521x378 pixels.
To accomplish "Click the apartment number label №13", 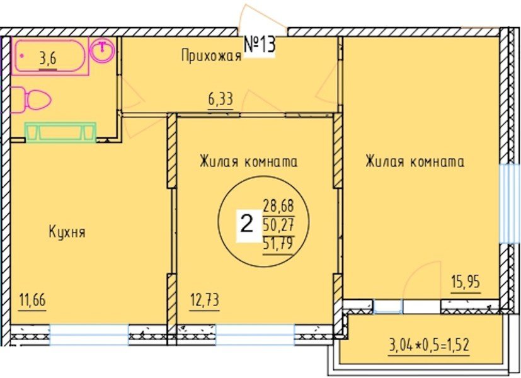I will coord(259,46).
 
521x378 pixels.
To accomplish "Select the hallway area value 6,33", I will coord(220,99).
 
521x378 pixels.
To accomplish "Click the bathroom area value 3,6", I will coord(47,60).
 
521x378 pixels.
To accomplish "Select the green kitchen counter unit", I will coord(60,132).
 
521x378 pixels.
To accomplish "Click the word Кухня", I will coord(67,232).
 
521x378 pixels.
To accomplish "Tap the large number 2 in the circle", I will coord(247,222).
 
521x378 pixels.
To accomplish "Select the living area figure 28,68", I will coord(278,205).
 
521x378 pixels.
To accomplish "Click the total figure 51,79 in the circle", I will coord(278,240).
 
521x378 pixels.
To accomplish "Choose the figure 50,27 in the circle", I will coord(278,222).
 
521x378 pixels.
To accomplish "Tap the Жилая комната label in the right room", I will coord(415,162).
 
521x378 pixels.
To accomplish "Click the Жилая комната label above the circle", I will coord(248,162).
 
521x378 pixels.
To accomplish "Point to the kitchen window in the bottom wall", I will coord(89,335).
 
